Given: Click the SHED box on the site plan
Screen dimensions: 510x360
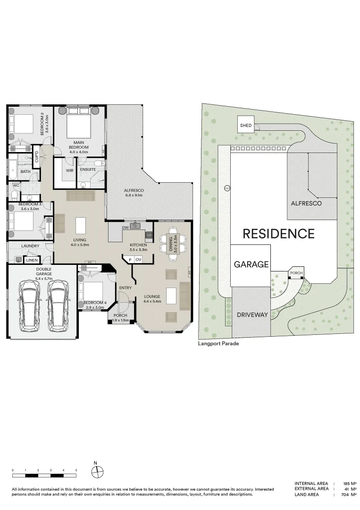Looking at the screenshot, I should point(246,125).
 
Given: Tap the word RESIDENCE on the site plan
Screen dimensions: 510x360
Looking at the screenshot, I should point(278,233).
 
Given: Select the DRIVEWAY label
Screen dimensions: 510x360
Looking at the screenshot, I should point(251,314).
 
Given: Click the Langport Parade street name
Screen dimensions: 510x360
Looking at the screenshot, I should point(218,344).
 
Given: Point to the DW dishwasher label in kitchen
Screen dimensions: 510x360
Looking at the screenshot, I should point(125,228).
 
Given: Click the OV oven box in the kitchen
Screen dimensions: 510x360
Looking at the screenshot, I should point(138,259).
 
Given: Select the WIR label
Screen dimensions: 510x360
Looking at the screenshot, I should point(69,170).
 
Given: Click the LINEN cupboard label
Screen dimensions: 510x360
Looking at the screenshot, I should point(31,260).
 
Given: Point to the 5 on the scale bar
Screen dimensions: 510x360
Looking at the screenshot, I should point(76,470).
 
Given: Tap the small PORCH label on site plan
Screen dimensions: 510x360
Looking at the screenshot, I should point(296,273).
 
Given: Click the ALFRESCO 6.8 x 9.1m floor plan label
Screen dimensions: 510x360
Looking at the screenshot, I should point(134,193).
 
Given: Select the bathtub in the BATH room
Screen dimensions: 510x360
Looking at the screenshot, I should point(12,169).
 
